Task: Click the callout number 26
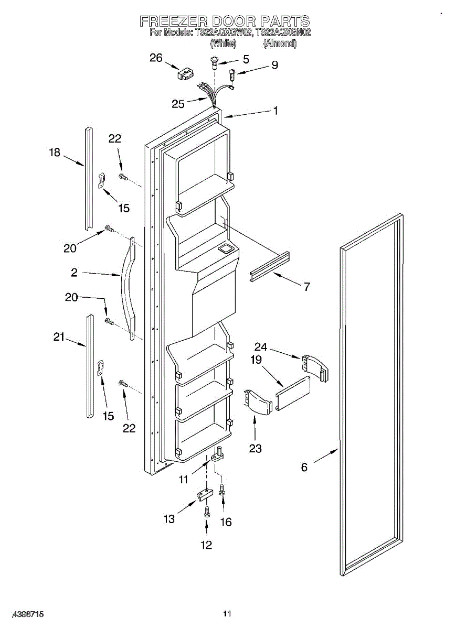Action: click(156, 58)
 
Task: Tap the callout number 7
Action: click(306, 286)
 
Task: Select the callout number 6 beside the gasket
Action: click(304, 467)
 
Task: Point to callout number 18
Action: click(55, 153)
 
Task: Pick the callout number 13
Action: click(169, 519)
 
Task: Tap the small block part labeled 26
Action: click(184, 73)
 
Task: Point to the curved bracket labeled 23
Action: click(256, 402)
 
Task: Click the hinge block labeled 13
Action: click(204, 494)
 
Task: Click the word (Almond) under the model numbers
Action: click(280, 44)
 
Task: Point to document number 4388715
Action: click(22, 614)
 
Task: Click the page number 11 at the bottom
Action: click(227, 614)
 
